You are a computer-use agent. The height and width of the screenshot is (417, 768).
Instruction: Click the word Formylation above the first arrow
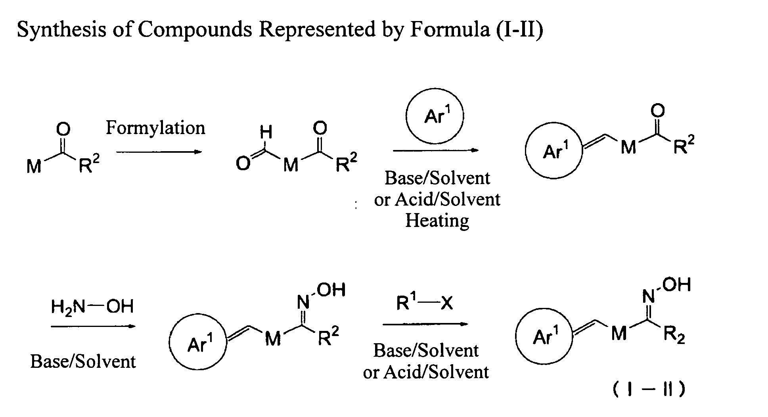(155, 128)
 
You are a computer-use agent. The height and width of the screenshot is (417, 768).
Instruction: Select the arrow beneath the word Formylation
(159, 152)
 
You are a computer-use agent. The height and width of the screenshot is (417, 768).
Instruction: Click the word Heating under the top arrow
(437, 220)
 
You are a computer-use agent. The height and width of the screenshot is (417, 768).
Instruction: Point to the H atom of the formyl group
(266, 133)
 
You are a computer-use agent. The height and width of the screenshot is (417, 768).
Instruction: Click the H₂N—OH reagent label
(92, 307)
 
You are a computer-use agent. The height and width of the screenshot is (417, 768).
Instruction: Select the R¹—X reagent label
(425, 304)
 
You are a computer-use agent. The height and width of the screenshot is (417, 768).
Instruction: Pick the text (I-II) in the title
(519, 29)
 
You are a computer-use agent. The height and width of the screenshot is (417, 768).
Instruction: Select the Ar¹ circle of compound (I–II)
(544, 337)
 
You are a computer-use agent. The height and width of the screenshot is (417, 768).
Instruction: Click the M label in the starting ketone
(34, 166)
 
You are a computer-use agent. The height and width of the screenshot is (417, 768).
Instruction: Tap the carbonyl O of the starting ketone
(63, 129)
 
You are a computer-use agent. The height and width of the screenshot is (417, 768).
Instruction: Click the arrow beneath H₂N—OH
(93, 326)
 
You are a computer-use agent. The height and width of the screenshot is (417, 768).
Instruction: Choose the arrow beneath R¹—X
(425, 324)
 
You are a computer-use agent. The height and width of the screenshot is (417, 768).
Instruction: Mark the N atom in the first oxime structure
(303, 303)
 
